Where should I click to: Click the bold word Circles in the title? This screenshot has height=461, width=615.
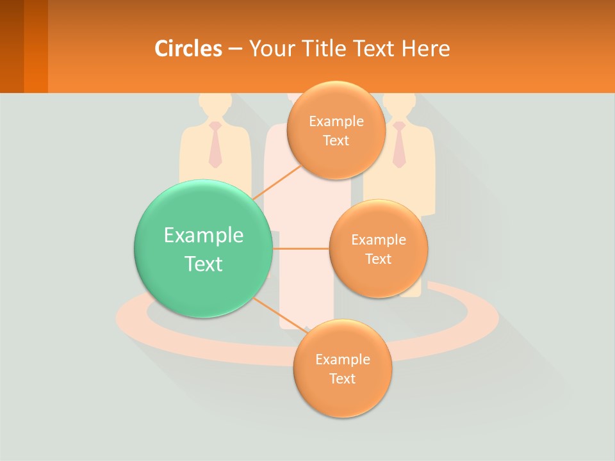[x=188, y=48]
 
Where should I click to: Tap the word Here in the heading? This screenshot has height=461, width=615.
[x=426, y=48]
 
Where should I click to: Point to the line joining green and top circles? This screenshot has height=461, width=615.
[x=277, y=183]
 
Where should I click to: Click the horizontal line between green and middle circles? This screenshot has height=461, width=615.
[x=300, y=248]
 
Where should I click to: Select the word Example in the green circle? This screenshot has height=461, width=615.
[x=203, y=235]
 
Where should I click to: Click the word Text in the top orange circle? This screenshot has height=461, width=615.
[x=336, y=141]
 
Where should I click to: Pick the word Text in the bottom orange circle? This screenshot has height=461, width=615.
[x=342, y=378]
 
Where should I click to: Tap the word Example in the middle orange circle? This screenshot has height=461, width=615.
[x=378, y=240]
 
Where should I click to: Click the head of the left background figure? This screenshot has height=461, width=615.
[x=214, y=104]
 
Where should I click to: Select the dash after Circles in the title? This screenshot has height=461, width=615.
[x=234, y=49]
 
